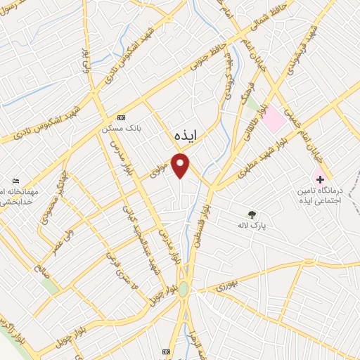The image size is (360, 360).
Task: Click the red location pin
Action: (x=181, y=165)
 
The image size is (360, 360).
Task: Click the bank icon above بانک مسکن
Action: (x=121, y=117)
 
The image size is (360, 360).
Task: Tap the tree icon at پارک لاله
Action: (x=252, y=214)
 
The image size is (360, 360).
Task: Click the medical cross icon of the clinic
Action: (x=321, y=179)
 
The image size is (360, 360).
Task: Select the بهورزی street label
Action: (x=227, y=286)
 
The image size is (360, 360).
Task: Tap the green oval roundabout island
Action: (x=183, y=288)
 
